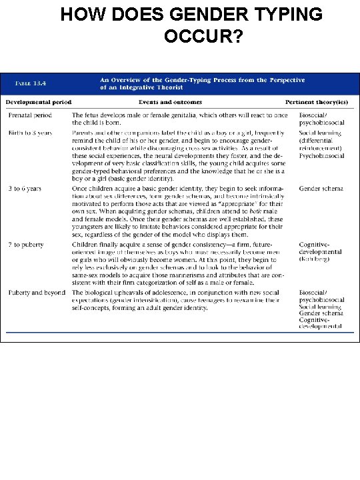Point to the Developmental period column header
[x=39, y=102]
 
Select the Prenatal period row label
[x=30, y=115]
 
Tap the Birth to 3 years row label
[x=31, y=133]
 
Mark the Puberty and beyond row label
[x=37, y=293]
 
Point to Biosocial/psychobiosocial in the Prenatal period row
[x=321, y=119]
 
